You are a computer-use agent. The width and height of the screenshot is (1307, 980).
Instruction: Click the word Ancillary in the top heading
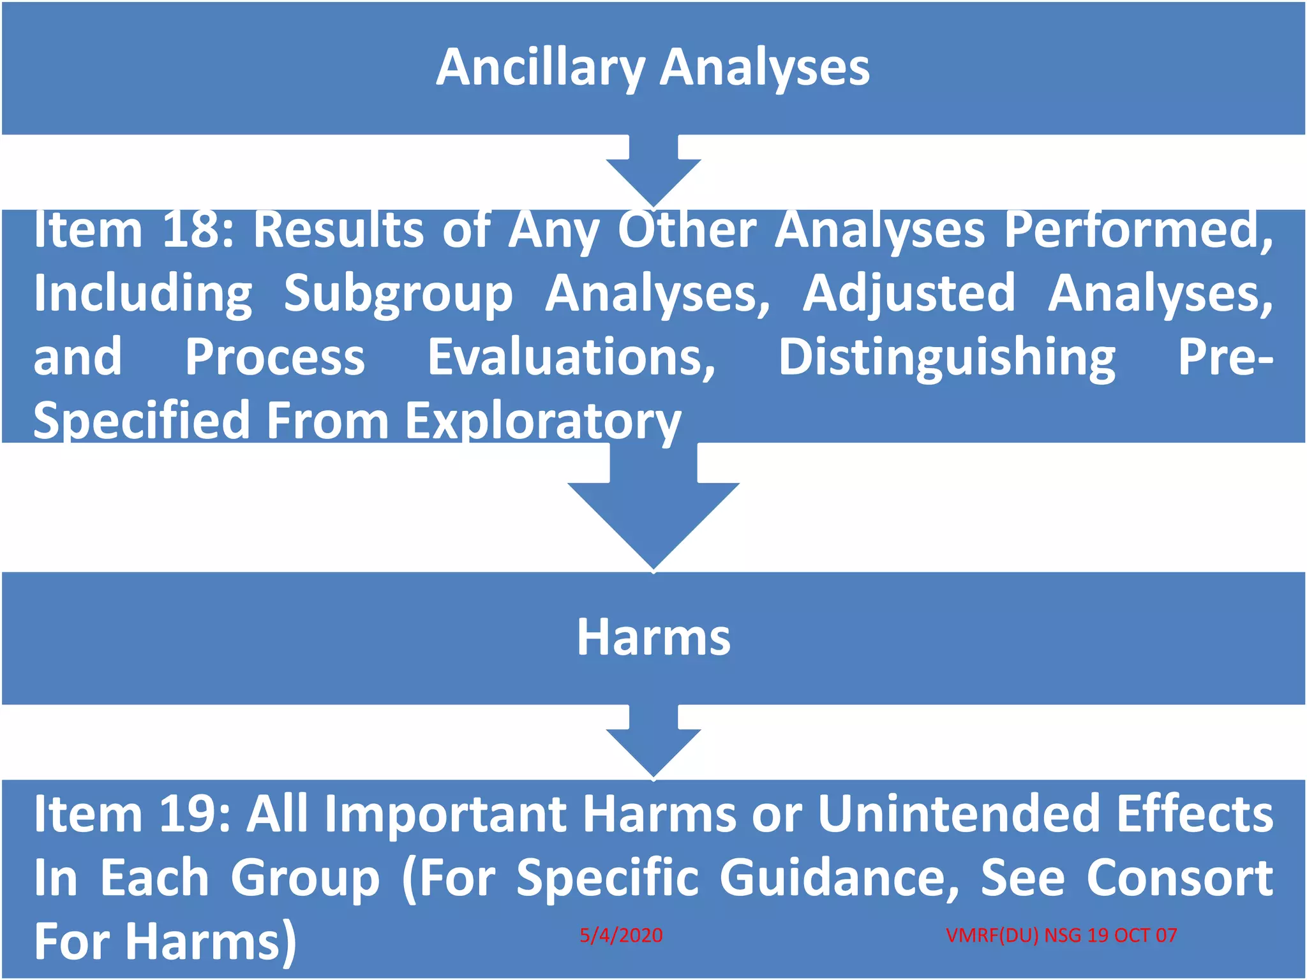point(541,68)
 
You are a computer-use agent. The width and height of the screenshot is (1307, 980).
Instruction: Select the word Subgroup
point(398,293)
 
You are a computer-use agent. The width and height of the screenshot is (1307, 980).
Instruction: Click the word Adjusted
point(908,293)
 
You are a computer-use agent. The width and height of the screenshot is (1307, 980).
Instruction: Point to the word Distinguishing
point(946,357)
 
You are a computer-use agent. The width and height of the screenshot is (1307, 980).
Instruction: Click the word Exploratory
point(543,421)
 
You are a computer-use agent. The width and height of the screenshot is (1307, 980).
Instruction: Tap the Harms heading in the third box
point(653,637)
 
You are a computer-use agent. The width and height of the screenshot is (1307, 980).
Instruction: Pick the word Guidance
point(839,878)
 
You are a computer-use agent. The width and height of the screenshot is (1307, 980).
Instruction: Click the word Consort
point(1179,878)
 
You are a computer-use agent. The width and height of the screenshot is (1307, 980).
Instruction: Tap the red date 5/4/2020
point(621,935)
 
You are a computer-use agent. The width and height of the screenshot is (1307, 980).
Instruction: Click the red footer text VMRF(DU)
point(992,935)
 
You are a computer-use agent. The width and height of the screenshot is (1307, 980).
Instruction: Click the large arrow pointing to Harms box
point(653,510)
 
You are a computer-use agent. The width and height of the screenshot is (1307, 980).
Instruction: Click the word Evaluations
point(571,357)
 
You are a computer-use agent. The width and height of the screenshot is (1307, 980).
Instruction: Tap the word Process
point(275,357)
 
